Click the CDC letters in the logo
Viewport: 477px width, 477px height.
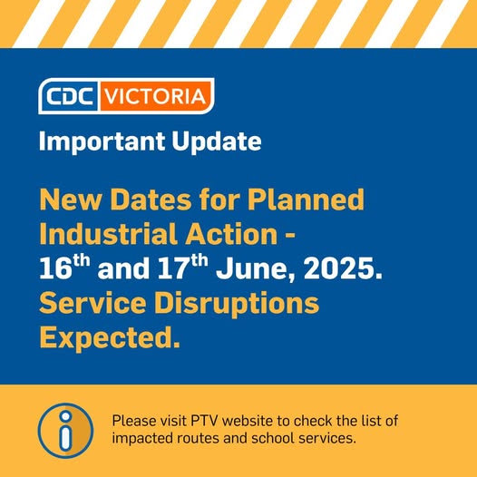click(x=69, y=96)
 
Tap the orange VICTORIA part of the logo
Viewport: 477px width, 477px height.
click(x=155, y=96)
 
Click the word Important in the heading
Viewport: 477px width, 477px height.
click(x=102, y=141)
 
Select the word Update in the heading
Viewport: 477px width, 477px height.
click(x=217, y=141)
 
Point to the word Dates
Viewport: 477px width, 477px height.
click(x=151, y=200)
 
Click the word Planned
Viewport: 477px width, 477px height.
click(x=306, y=200)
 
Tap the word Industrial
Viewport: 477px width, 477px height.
click(x=108, y=234)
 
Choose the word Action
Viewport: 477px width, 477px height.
click(x=231, y=234)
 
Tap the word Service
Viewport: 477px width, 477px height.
click(x=92, y=303)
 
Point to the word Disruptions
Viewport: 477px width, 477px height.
click(x=237, y=305)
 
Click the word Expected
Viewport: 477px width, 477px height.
click(x=110, y=339)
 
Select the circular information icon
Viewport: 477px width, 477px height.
click(x=65, y=431)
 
